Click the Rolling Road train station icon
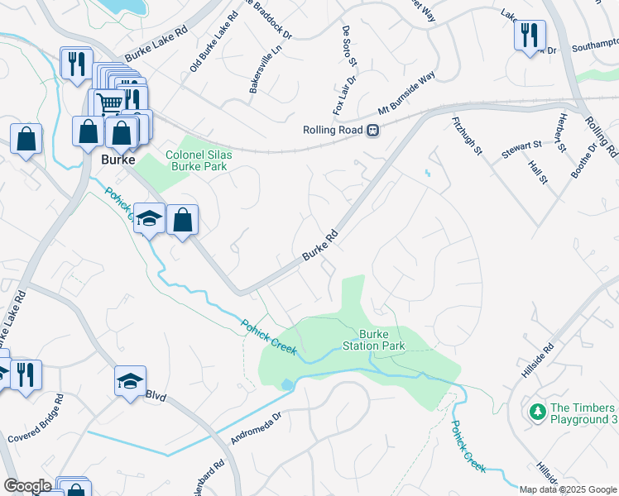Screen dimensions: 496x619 click(373, 130)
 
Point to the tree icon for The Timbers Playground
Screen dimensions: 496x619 click(537, 410)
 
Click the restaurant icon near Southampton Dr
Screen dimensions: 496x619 click(529, 36)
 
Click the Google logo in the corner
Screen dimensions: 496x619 click(27, 486)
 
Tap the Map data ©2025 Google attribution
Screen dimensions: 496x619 click(567, 489)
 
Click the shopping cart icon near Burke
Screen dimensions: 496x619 click(111, 103)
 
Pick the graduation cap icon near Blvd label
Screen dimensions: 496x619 click(130, 381)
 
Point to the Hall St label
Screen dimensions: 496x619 click(538, 173)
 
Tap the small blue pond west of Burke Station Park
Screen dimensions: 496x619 click(286, 384)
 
